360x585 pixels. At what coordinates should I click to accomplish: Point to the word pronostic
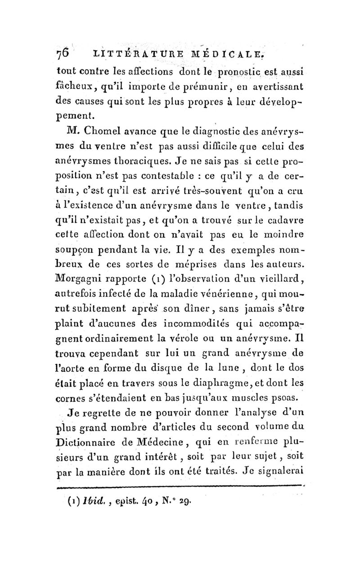[225, 72]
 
